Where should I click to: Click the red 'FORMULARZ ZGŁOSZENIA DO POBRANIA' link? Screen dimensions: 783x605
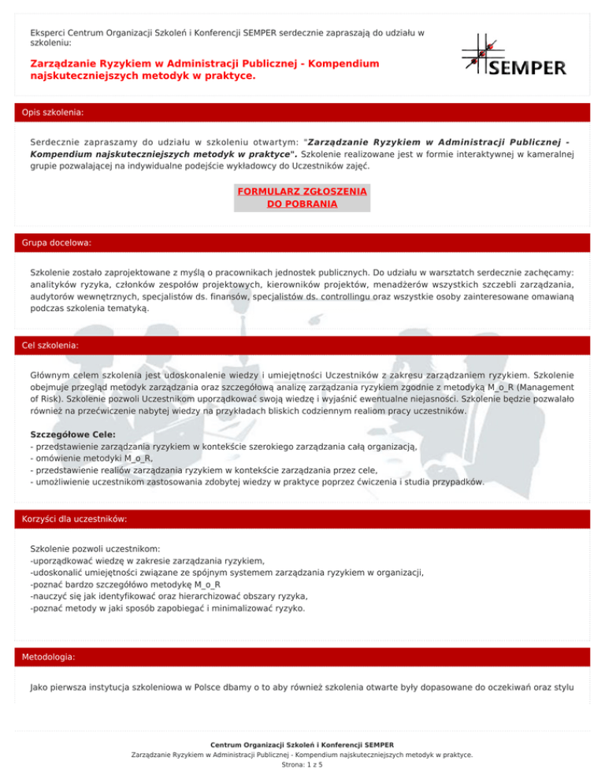click(302, 197)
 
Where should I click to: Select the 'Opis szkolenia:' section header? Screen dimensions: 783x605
click(53, 113)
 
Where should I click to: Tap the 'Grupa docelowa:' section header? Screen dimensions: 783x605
click(56, 243)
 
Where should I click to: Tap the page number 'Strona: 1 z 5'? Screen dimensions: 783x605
click(302, 764)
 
